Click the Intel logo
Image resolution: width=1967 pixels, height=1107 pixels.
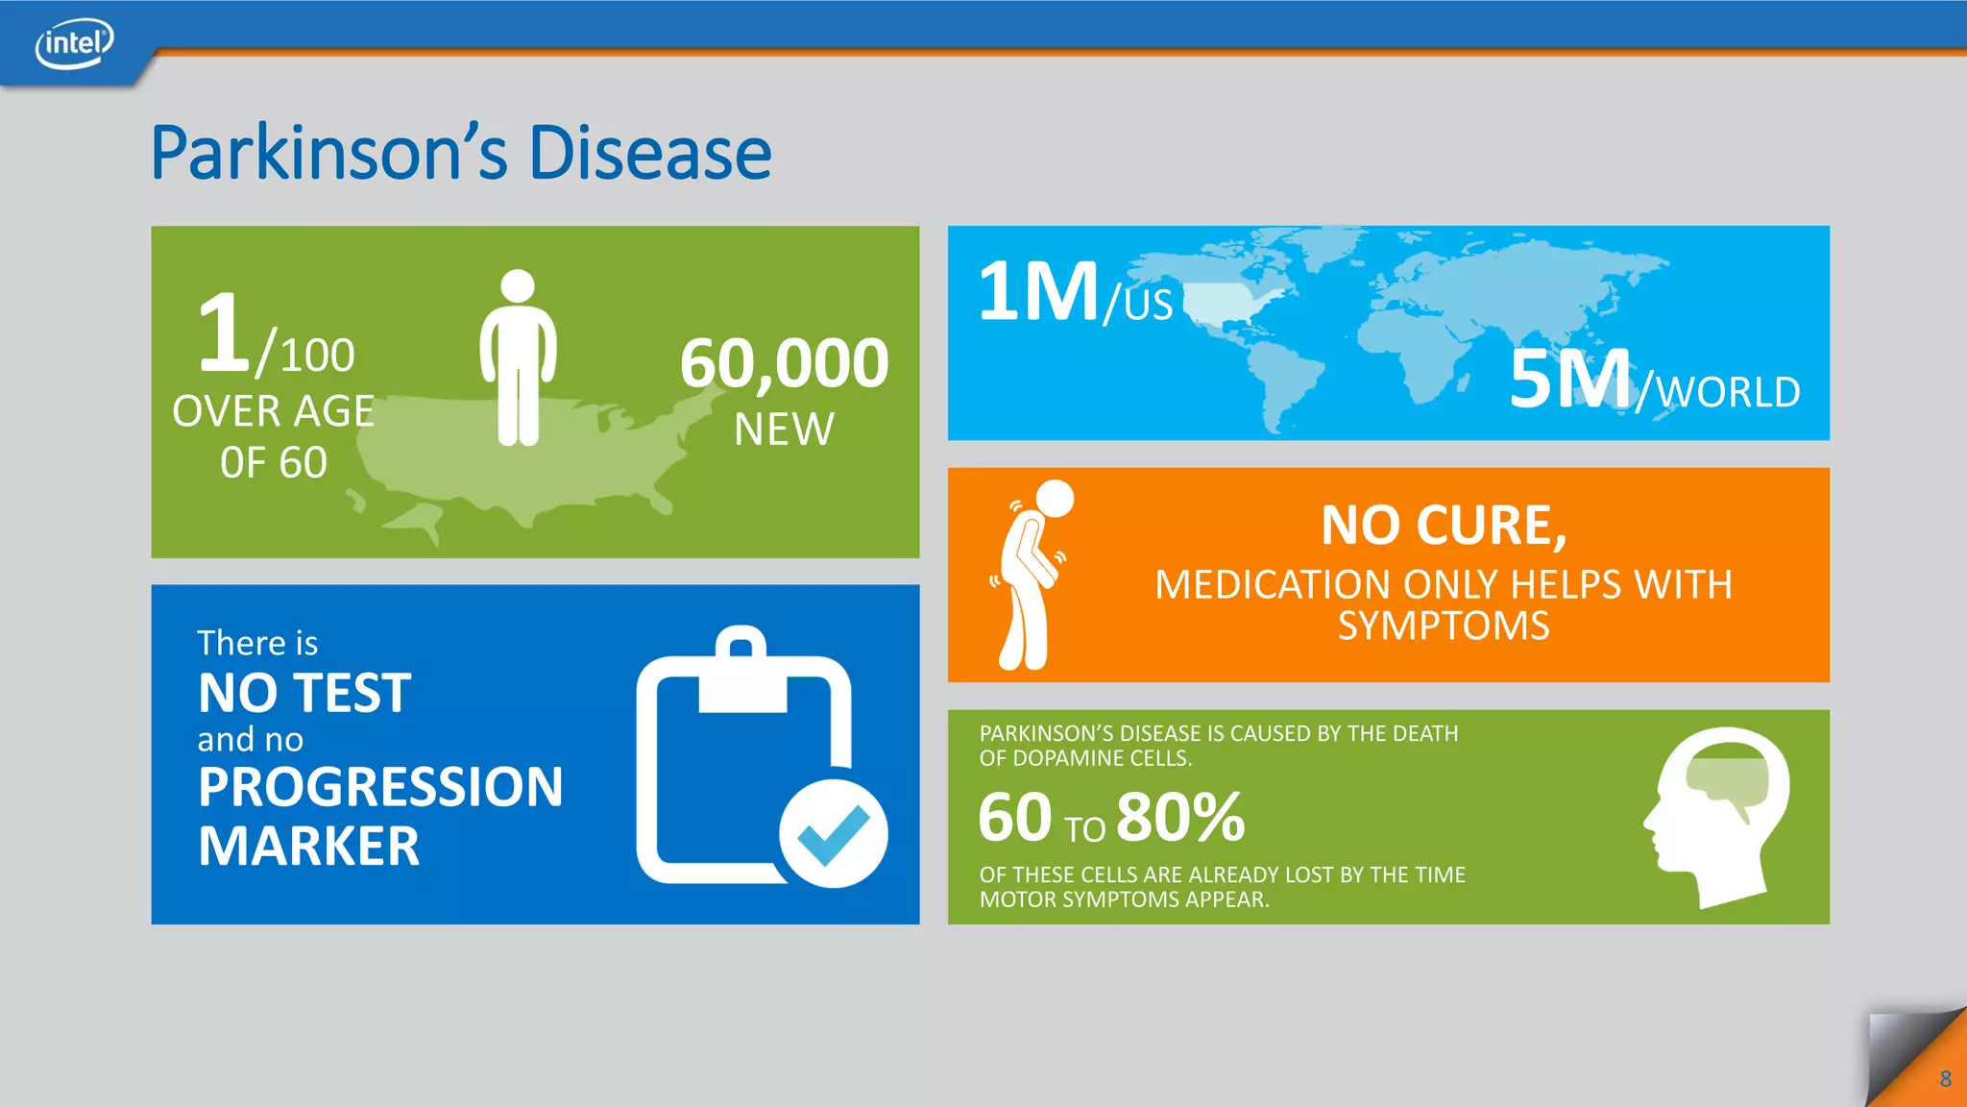point(74,44)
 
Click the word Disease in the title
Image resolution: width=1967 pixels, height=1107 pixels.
point(649,154)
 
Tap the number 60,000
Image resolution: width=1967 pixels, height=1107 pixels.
point(784,363)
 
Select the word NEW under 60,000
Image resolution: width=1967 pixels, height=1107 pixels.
point(784,430)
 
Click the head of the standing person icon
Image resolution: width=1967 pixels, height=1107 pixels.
point(518,285)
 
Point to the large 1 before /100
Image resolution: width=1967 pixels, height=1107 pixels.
point(224,333)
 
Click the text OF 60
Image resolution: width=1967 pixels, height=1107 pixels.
point(274,463)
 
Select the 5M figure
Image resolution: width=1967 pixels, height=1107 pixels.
point(1569,380)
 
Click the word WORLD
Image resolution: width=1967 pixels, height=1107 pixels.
point(1728,392)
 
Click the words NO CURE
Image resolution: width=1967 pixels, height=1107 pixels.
point(1443,526)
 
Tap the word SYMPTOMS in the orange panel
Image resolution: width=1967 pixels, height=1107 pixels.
point(1443,627)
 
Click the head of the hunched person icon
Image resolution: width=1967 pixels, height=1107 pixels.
point(1054,499)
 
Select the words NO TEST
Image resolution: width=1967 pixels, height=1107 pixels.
point(304,693)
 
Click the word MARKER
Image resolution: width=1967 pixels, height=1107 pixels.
point(308,847)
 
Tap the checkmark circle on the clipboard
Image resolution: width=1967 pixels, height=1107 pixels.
point(833,833)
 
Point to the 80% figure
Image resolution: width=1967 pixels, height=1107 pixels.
point(1180,818)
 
